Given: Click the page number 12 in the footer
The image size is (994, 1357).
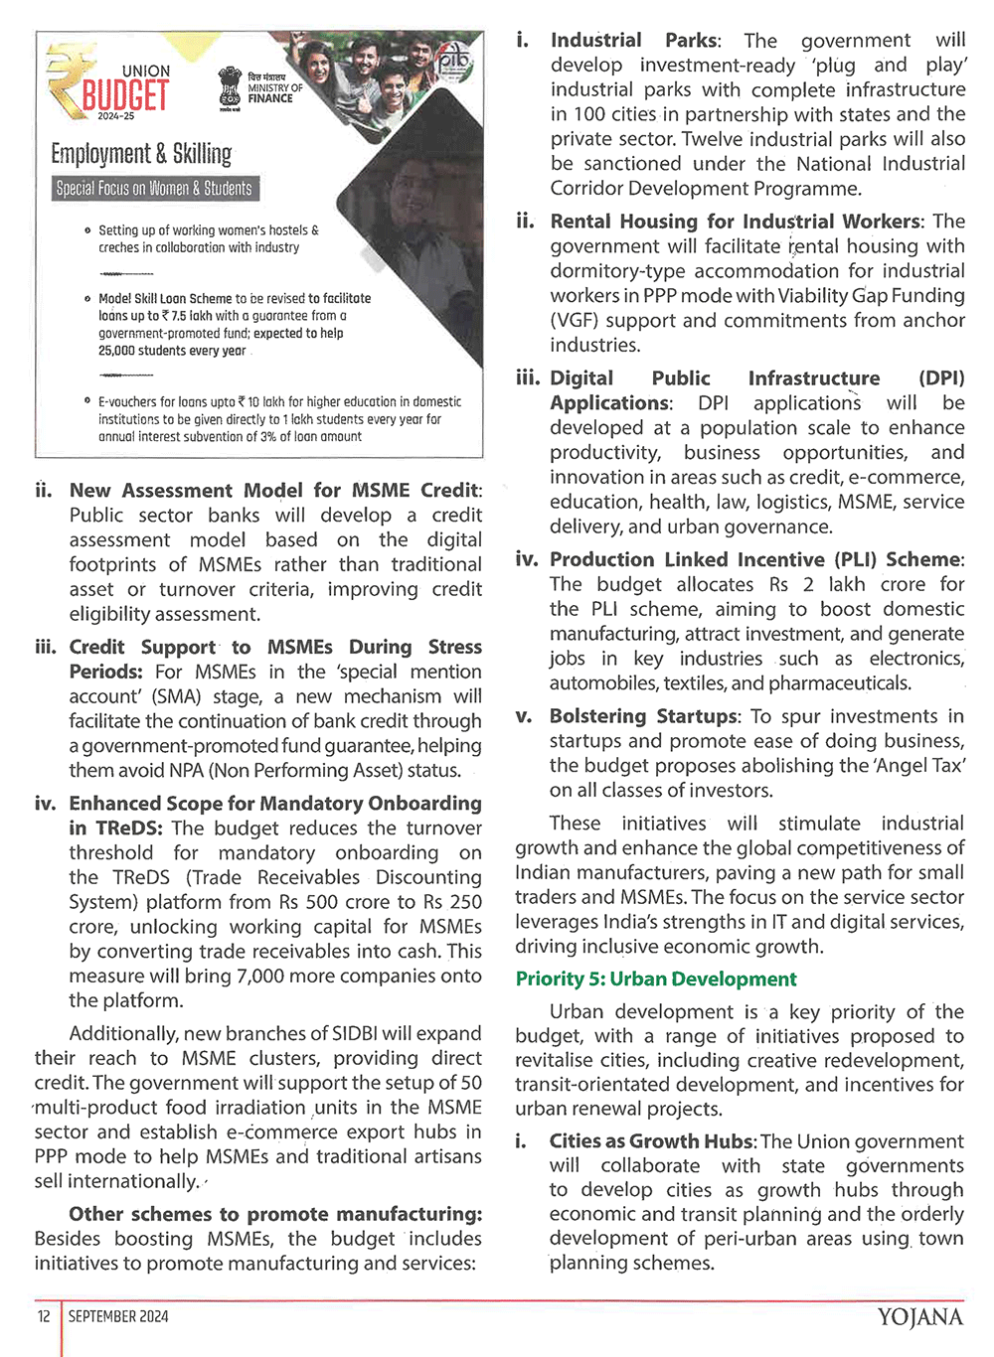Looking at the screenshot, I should (x=44, y=1316).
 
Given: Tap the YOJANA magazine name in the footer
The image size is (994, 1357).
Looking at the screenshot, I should (x=919, y=1317).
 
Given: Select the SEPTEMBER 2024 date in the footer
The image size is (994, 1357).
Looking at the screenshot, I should (x=118, y=1316).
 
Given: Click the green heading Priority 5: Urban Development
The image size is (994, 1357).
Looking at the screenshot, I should (x=656, y=980).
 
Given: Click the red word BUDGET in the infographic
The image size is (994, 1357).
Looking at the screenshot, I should (x=125, y=96).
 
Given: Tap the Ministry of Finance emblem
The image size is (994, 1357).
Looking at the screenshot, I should (x=230, y=89).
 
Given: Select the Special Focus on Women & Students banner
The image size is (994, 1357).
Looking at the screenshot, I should (x=154, y=189).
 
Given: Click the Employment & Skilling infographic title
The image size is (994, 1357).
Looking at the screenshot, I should (x=141, y=154).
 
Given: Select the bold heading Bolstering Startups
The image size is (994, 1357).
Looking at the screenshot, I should (x=644, y=716).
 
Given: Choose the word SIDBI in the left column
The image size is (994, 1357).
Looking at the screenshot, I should (x=323, y=1034).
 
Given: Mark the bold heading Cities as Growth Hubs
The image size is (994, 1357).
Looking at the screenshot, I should (x=652, y=1141).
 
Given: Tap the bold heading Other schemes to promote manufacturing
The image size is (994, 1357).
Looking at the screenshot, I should (x=275, y=1214).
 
